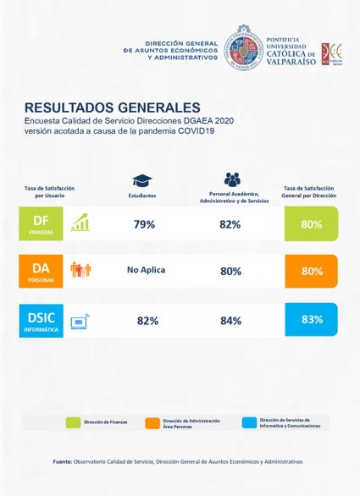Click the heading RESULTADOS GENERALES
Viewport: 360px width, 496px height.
[113, 108]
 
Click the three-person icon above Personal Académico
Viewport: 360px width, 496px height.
[232, 179]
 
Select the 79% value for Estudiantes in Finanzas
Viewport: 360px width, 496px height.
[144, 224]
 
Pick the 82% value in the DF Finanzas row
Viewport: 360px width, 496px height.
[230, 224]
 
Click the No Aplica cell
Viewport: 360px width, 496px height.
[145, 271]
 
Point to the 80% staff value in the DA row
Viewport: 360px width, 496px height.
[230, 272]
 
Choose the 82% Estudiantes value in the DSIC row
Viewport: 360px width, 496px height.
[147, 320]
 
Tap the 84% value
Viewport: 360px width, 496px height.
[230, 320]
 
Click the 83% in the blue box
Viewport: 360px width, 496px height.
[310, 320]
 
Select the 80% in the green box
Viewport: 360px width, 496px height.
[310, 224]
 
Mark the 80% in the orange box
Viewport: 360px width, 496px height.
[310, 272]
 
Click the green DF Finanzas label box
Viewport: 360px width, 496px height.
[42, 223]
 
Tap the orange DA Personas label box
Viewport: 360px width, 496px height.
[42, 271]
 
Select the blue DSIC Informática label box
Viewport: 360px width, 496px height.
[42, 320]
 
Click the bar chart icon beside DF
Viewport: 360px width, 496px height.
[81, 223]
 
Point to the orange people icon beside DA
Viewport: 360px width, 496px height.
[81, 270]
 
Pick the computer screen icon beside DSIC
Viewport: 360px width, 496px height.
[81, 320]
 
